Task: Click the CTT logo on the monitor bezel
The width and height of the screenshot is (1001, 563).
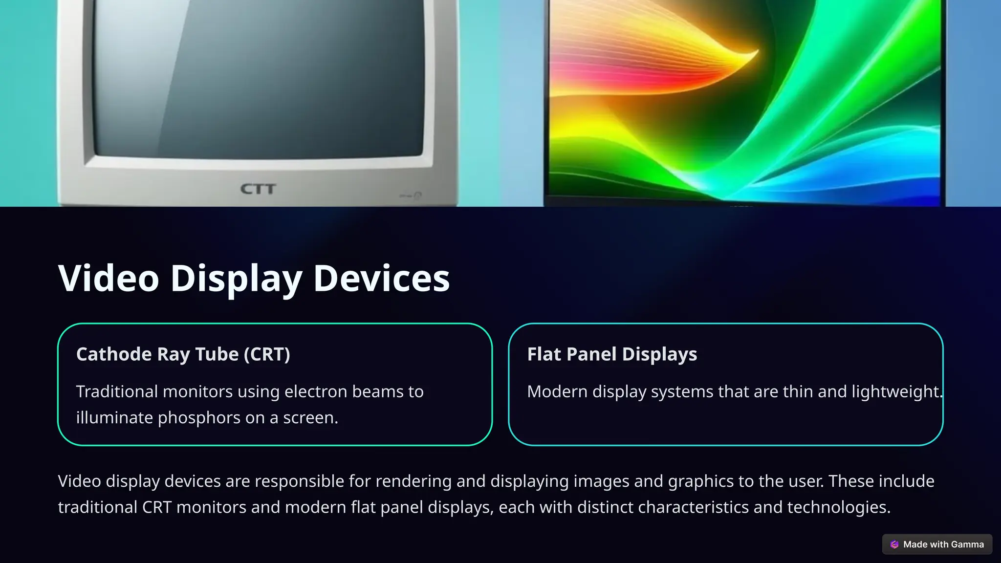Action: [258, 189]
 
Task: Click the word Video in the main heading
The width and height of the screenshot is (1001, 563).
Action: [109, 278]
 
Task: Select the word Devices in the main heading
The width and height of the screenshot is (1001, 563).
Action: [381, 278]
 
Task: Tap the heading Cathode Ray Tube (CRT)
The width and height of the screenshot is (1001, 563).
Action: [183, 354]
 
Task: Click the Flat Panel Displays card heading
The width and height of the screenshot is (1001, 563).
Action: [612, 354]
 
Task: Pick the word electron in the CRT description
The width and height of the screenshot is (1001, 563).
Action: [316, 391]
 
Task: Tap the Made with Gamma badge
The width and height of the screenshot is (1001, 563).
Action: [937, 544]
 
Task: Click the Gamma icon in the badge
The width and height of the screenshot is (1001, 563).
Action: [894, 544]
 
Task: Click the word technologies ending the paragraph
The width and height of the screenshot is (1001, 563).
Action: [838, 507]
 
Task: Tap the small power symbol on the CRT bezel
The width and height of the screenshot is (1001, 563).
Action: [417, 196]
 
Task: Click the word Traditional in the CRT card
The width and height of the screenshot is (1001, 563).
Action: [117, 391]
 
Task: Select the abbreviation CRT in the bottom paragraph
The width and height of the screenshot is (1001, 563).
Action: [156, 507]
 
